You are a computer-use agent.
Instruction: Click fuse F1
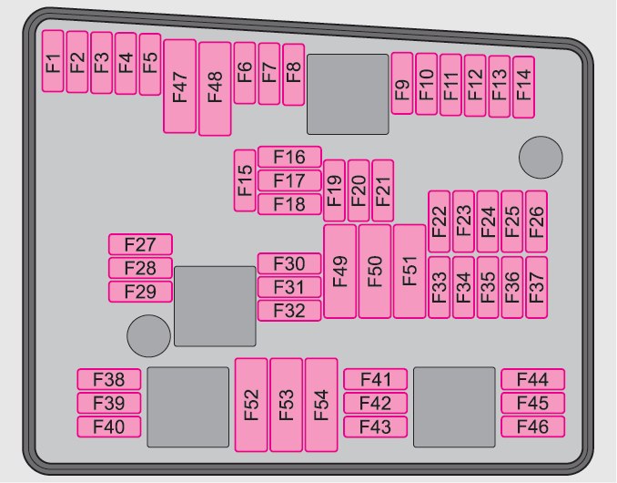(x=54, y=61)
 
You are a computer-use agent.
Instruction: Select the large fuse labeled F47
(x=179, y=87)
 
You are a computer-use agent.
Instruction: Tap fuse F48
(x=215, y=88)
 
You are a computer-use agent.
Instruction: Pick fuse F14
(x=522, y=87)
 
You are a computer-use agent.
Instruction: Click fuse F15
(x=245, y=180)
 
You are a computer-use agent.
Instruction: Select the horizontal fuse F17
(x=289, y=180)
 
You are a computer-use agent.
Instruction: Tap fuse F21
(x=383, y=190)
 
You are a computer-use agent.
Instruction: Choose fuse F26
(x=536, y=221)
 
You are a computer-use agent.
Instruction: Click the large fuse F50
(x=375, y=271)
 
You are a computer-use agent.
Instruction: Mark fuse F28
(x=140, y=268)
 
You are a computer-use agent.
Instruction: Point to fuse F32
(x=289, y=311)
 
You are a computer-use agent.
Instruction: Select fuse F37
(x=536, y=287)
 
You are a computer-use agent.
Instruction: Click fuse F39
(x=109, y=403)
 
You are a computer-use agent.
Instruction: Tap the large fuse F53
(x=286, y=405)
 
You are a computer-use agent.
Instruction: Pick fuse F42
(x=376, y=403)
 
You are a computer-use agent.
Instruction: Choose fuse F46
(x=532, y=426)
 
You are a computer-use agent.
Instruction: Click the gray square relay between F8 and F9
(x=348, y=94)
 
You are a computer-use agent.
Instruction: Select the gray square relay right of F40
(x=187, y=407)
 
